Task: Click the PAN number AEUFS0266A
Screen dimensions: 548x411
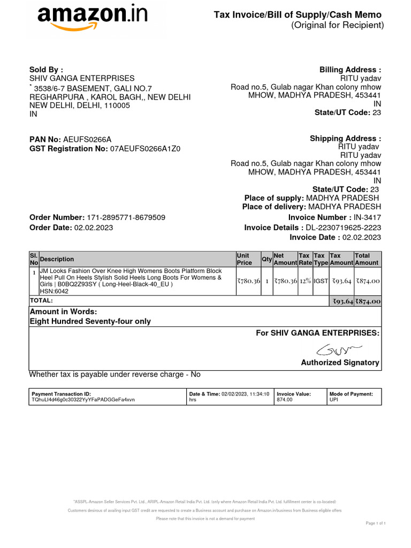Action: [88, 139]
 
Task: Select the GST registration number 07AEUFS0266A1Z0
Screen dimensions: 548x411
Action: [145, 149]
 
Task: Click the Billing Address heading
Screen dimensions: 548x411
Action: [350, 70]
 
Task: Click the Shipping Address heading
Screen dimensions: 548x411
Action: [345, 139]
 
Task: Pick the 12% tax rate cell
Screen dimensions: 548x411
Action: [305, 281]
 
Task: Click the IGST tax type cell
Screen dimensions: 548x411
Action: [321, 281]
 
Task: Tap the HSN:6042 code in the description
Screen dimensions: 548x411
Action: [52, 292]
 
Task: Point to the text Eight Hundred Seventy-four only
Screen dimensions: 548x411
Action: [90, 322]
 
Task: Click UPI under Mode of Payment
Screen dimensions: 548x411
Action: [334, 400]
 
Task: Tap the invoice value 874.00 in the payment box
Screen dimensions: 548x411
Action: [285, 400]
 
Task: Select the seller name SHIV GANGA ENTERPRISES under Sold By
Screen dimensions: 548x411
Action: [81, 78]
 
